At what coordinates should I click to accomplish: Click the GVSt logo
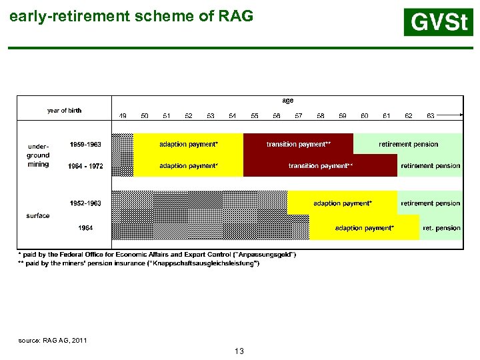point(438,22)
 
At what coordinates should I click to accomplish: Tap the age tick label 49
point(123,116)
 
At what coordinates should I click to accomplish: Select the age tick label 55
point(255,116)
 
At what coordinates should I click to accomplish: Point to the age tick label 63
point(431,116)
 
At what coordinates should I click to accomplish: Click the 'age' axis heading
point(287,101)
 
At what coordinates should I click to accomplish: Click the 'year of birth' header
point(64,111)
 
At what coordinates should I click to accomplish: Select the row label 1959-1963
point(85,144)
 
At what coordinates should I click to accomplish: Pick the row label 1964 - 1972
point(85,166)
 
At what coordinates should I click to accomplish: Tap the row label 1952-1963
point(85,203)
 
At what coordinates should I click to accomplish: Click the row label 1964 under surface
point(85,228)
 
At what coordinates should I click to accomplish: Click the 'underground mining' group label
point(38,155)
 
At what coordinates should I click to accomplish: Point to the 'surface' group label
point(38,216)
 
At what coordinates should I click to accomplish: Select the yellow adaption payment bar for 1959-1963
point(189,144)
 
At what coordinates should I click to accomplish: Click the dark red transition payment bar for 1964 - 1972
point(320,166)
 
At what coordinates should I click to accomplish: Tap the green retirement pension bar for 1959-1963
point(408,144)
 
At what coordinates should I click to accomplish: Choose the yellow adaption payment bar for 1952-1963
point(343,203)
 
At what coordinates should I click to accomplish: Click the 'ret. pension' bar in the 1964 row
point(441,228)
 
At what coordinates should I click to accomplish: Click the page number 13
point(239,351)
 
